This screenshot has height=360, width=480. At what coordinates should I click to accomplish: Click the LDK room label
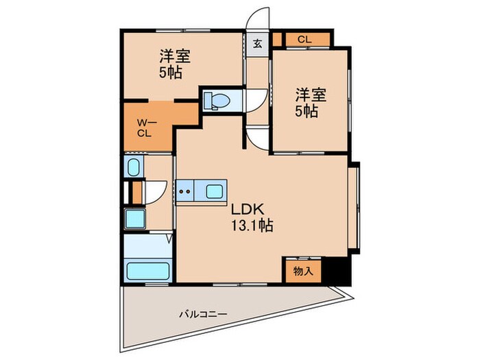248,210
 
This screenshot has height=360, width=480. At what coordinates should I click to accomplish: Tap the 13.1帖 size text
252,226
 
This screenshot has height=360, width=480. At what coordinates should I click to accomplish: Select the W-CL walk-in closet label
146,128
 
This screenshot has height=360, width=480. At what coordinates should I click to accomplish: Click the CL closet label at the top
304,39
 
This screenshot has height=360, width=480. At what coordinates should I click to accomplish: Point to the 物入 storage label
303,271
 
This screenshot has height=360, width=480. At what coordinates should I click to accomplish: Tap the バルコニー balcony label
203,314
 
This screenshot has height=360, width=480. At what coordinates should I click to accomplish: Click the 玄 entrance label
257,44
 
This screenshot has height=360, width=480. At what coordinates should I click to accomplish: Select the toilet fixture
217,100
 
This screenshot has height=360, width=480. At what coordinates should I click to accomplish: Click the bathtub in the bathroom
148,271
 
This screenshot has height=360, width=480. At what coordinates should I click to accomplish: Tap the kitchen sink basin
214,191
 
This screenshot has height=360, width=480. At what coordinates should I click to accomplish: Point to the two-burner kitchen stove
184,191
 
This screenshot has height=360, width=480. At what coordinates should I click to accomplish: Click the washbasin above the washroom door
134,167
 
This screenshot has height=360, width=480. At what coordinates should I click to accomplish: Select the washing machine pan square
134,218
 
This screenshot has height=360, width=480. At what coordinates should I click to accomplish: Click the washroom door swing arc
160,195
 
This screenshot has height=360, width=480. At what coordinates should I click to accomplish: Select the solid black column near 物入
336,271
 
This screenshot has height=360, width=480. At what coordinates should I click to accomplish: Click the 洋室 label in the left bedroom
175,56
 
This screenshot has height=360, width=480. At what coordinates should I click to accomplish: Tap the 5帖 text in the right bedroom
307,111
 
